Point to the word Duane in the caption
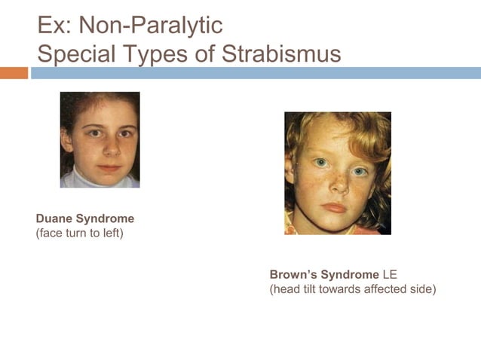(x=54, y=218)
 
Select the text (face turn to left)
(x=79, y=233)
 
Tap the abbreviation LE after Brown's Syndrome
(x=390, y=274)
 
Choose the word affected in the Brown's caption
(x=383, y=288)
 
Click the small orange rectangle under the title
(x=14, y=73)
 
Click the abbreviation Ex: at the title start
(x=54, y=26)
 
